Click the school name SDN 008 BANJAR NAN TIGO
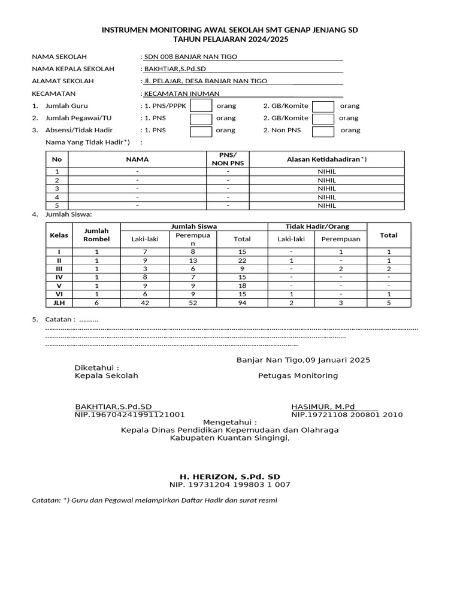(x=190, y=56)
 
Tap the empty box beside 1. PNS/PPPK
(x=201, y=106)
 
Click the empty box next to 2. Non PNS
(x=323, y=131)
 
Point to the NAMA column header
(x=137, y=159)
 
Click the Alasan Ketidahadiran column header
(x=326, y=159)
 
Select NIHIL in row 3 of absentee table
(x=326, y=188)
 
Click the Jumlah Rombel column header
(x=96, y=235)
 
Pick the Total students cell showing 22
(x=243, y=260)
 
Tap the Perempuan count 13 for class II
(x=193, y=260)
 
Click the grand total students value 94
(x=243, y=303)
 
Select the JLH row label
(x=59, y=303)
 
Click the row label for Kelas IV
(x=59, y=277)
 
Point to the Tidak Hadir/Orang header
(x=317, y=226)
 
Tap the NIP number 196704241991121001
(x=129, y=414)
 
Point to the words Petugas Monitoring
(x=298, y=375)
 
